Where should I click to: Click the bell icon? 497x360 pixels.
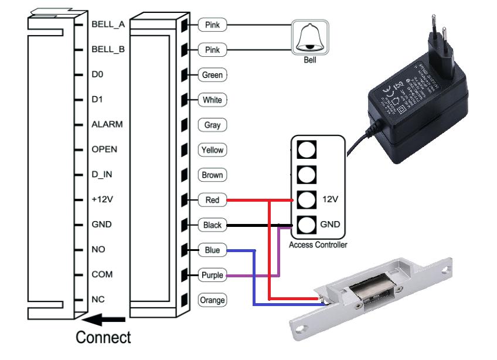(x=309, y=36)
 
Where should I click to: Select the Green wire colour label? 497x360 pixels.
(x=212, y=75)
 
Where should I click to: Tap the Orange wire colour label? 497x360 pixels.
(x=212, y=300)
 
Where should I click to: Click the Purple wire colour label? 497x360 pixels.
(x=212, y=275)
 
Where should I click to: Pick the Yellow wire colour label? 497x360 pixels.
(x=212, y=150)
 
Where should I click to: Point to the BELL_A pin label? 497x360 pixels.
(x=108, y=25)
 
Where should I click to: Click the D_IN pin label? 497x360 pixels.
(x=103, y=174)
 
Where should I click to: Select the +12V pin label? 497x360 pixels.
(x=102, y=199)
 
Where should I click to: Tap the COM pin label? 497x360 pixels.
(x=102, y=274)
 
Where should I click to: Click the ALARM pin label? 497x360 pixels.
(x=107, y=124)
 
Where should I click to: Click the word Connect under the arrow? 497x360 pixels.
(x=104, y=338)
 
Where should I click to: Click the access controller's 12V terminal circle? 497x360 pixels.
(x=306, y=200)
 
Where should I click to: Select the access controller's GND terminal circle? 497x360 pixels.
(x=306, y=225)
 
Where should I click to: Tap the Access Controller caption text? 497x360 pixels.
(x=318, y=245)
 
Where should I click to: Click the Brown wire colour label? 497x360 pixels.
(x=212, y=175)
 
